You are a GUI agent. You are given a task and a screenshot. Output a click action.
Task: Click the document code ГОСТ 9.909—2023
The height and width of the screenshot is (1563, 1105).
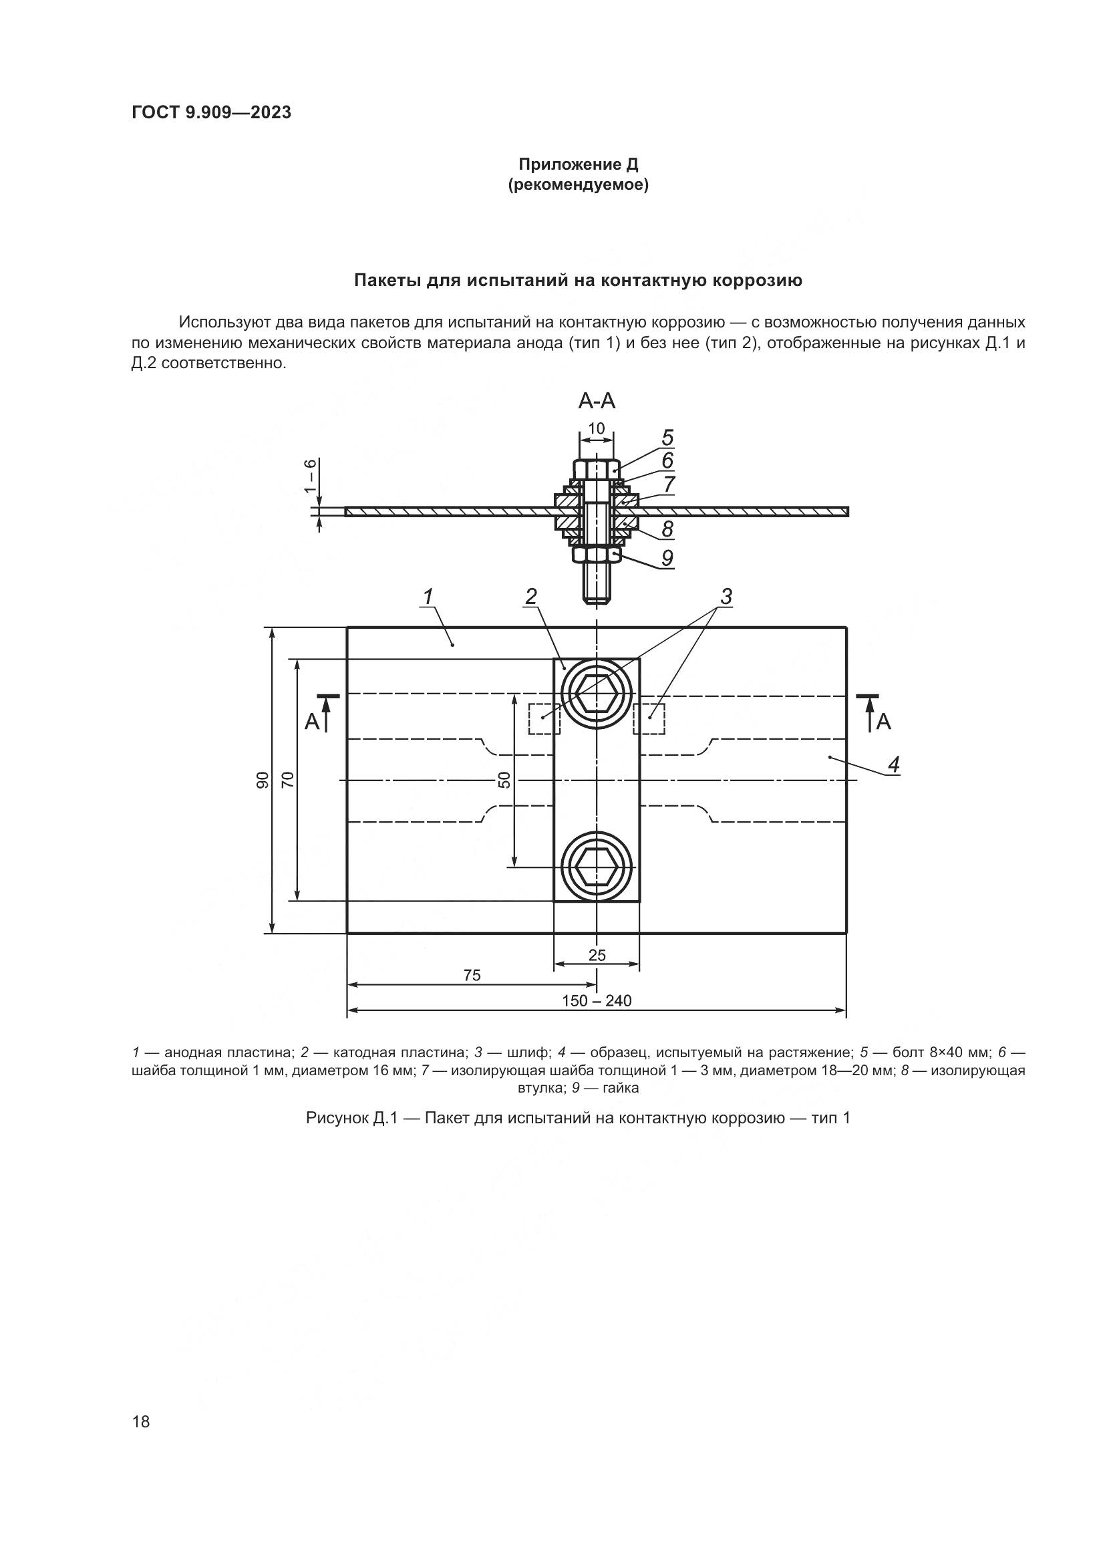click(x=211, y=112)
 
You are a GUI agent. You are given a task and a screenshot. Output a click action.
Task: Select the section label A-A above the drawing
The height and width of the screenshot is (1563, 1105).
click(x=597, y=402)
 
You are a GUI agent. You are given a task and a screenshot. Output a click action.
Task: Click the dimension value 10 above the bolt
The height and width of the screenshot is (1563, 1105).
click(x=596, y=428)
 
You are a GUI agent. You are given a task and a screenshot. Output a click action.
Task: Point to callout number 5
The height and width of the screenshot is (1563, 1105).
click(x=667, y=437)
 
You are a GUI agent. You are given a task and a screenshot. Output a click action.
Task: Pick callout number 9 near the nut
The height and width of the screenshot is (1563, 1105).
click(x=667, y=557)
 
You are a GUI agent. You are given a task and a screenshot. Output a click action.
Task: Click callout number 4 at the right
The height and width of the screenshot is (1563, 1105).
click(x=893, y=764)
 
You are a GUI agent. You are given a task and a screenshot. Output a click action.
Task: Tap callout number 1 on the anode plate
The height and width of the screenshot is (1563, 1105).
click(x=428, y=597)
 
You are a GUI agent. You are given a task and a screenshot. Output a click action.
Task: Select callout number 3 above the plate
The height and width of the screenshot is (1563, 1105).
click(x=726, y=597)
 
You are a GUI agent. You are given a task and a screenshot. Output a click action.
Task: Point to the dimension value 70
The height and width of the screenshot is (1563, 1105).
click(x=287, y=779)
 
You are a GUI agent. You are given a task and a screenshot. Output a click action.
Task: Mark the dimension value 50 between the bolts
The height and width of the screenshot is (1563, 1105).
click(x=504, y=779)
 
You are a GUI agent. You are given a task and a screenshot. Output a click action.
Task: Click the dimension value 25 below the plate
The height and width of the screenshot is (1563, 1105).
click(x=597, y=955)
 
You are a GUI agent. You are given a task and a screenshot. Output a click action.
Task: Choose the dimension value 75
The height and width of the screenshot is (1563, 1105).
click(x=472, y=976)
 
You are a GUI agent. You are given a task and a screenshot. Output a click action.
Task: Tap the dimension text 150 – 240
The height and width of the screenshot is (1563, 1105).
click(x=597, y=1001)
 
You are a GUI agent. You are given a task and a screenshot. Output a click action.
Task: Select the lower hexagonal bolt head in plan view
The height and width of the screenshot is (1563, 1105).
click(x=597, y=867)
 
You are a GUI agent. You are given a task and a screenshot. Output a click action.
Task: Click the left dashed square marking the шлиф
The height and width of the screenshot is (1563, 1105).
click(x=544, y=719)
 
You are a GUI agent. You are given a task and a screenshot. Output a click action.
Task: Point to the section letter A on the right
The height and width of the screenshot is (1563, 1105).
click(x=883, y=722)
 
